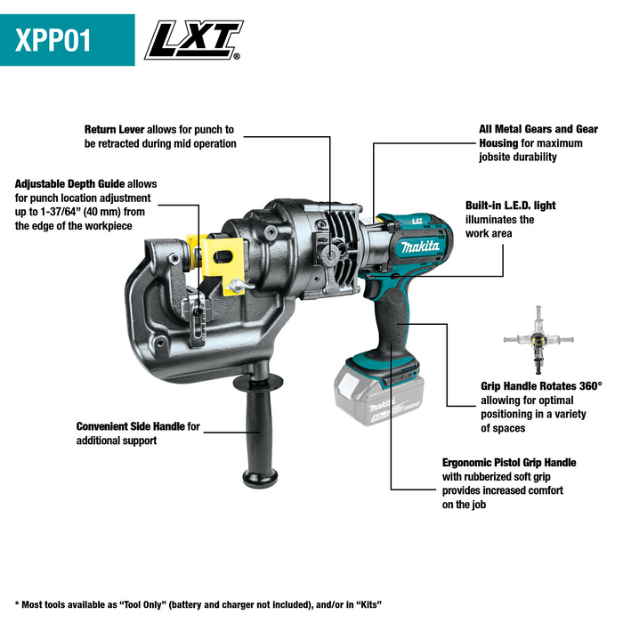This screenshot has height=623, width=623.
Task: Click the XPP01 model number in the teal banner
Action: [x=54, y=41]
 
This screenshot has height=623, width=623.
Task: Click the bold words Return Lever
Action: [x=114, y=129]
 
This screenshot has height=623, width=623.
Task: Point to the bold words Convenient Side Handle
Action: [x=130, y=426]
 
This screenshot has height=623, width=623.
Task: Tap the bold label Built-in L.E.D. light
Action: [x=510, y=206]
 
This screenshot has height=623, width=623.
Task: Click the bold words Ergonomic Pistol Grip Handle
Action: [x=509, y=463]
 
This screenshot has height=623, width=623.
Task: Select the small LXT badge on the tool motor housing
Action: [x=417, y=222]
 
